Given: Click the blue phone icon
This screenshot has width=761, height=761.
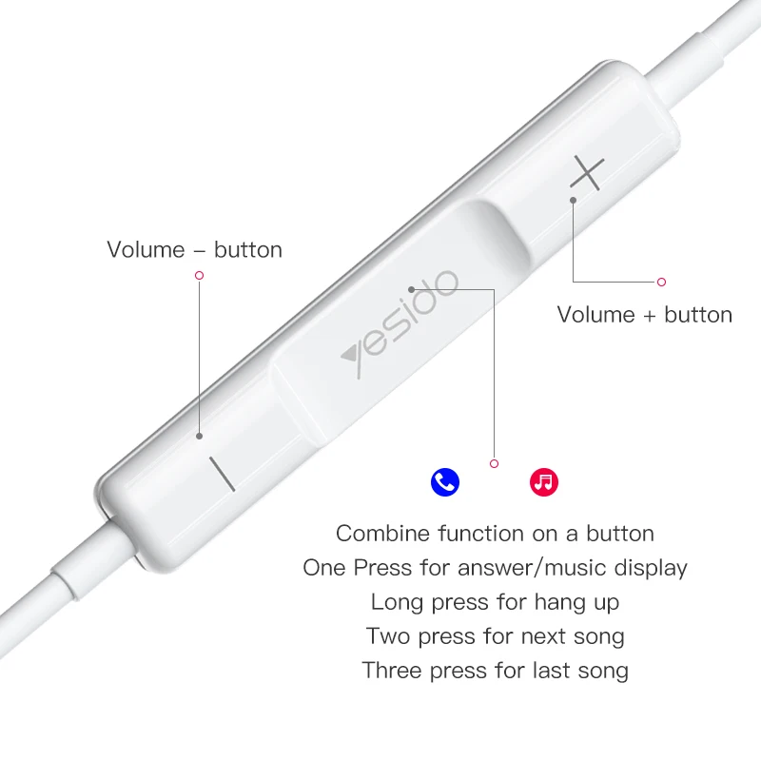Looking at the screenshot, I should (445, 482).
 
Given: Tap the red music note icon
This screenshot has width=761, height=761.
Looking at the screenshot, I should (544, 482).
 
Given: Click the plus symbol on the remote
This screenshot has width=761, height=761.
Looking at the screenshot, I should (588, 173).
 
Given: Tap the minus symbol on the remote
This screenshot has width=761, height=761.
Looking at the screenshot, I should (222, 473).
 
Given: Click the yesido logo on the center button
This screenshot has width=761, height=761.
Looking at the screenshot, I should (400, 323).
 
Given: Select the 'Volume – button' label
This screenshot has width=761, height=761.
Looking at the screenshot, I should (194, 250).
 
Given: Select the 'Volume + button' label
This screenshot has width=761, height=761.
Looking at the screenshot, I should (644, 315).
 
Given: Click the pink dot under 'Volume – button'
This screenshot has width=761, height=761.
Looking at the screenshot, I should (199, 275).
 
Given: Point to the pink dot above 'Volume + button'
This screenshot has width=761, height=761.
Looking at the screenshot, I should (662, 282).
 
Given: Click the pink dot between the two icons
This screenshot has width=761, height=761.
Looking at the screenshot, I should (494, 463).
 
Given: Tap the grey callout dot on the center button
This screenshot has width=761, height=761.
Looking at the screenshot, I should (411, 288).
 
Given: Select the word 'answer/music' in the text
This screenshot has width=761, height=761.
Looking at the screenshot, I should (531, 569).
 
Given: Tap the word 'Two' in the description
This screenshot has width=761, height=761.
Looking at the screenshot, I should (387, 635).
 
